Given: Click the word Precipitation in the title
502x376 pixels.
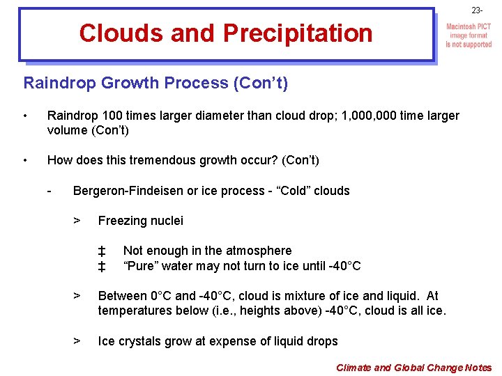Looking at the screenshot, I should (298, 33).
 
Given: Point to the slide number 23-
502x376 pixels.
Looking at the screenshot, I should (477, 10).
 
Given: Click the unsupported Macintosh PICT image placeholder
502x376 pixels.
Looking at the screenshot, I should (469, 36).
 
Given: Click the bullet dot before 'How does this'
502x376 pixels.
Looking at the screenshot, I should (25, 160).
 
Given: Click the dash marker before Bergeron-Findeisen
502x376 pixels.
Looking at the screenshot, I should (50, 191).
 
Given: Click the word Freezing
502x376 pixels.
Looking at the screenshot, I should (121, 221).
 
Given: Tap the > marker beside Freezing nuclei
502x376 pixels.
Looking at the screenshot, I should (77, 221).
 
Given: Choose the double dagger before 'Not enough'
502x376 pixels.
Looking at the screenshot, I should (102, 251).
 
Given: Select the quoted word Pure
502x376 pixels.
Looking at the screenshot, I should (142, 265).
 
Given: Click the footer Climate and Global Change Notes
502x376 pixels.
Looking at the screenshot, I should (413, 368).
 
